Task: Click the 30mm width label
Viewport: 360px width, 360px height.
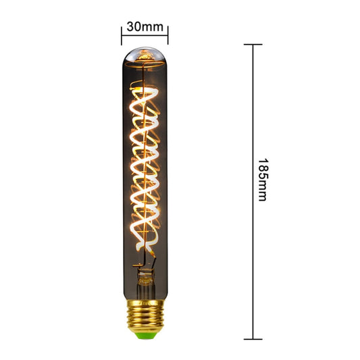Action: [145, 26]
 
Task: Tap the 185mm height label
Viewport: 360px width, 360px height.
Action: [263, 180]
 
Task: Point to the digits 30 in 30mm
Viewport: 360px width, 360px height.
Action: [133, 26]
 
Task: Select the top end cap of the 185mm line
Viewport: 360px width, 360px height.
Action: [253, 45]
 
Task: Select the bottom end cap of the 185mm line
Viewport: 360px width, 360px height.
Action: [253, 338]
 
